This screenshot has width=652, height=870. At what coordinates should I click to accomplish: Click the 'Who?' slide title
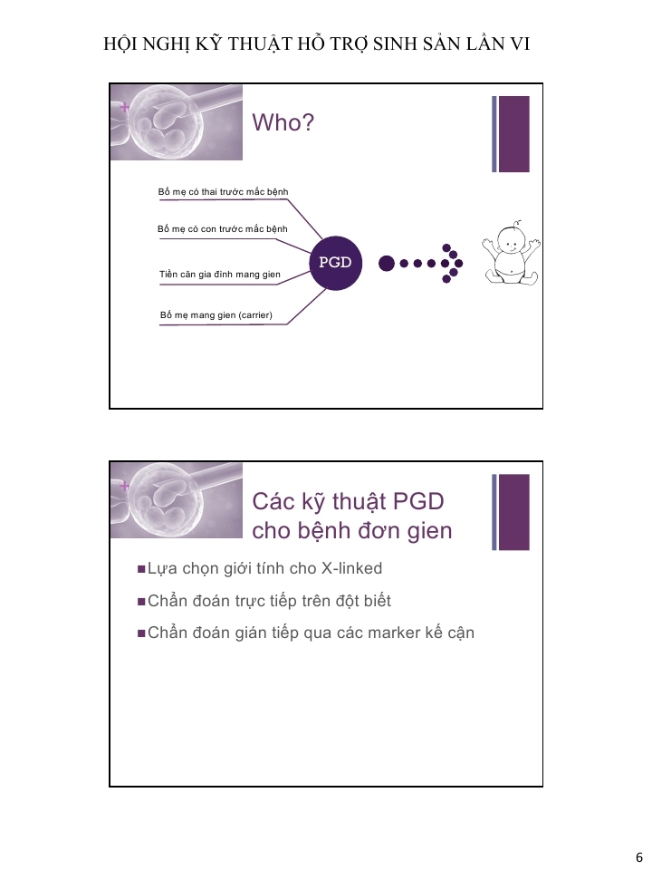coord(283,122)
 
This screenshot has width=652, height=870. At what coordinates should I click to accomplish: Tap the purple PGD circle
coord(335,263)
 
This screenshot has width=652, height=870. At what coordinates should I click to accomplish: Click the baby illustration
coord(511,253)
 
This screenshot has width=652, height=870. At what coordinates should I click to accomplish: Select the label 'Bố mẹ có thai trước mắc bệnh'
coord(223,192)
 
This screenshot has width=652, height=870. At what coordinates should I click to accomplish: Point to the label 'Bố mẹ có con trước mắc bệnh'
coord(223,229)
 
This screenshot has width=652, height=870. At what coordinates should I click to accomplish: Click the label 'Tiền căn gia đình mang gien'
coord(219,275)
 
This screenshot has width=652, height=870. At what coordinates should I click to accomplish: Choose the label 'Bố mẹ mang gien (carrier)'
coord(216,315)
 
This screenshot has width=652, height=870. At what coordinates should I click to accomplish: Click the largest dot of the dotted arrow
coord(387,263)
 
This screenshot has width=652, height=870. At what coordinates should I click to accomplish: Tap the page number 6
coord(638,857)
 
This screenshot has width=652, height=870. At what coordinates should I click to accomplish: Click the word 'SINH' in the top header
coord(395,44)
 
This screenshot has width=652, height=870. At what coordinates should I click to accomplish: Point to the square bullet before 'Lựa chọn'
coord(141,569)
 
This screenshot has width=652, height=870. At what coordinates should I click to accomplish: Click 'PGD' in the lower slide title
coord(418,501)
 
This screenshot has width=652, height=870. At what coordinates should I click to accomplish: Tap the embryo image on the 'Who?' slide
coord(177,122)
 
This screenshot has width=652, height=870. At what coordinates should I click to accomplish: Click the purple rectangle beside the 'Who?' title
coord(514,134)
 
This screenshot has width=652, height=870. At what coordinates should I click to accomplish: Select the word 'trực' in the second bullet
coord(250,601)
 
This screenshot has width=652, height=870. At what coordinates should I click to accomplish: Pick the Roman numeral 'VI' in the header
coord(520,44)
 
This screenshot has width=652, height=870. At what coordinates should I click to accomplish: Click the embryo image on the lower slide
coord(177,500)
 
